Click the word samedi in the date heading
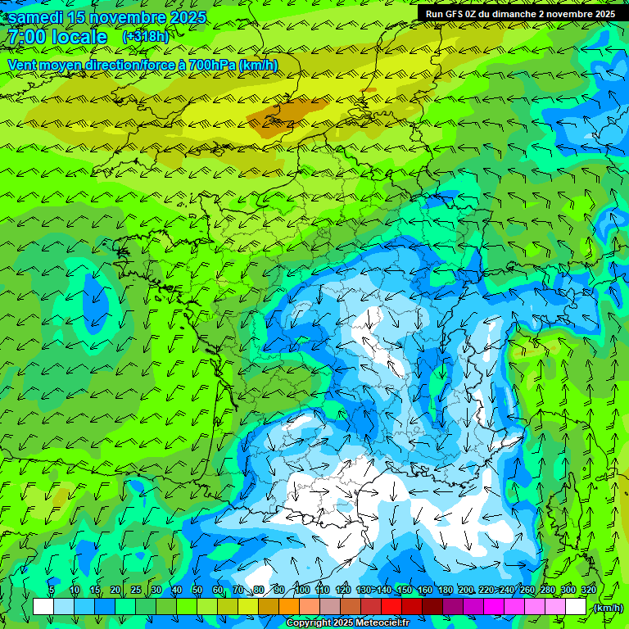(37, 17)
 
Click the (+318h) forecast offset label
(145, 37)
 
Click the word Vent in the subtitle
(23, 65)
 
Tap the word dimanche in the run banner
(531, 14)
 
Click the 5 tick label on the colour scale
(52, 591)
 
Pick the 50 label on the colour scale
(197, 591)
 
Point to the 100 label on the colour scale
(301, 591)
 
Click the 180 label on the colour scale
(445, 591)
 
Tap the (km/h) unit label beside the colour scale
(609, 608)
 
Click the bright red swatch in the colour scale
(391, 607)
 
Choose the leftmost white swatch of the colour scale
(43, 607)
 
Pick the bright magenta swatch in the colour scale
(494, 607)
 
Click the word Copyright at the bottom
(309, 623)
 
